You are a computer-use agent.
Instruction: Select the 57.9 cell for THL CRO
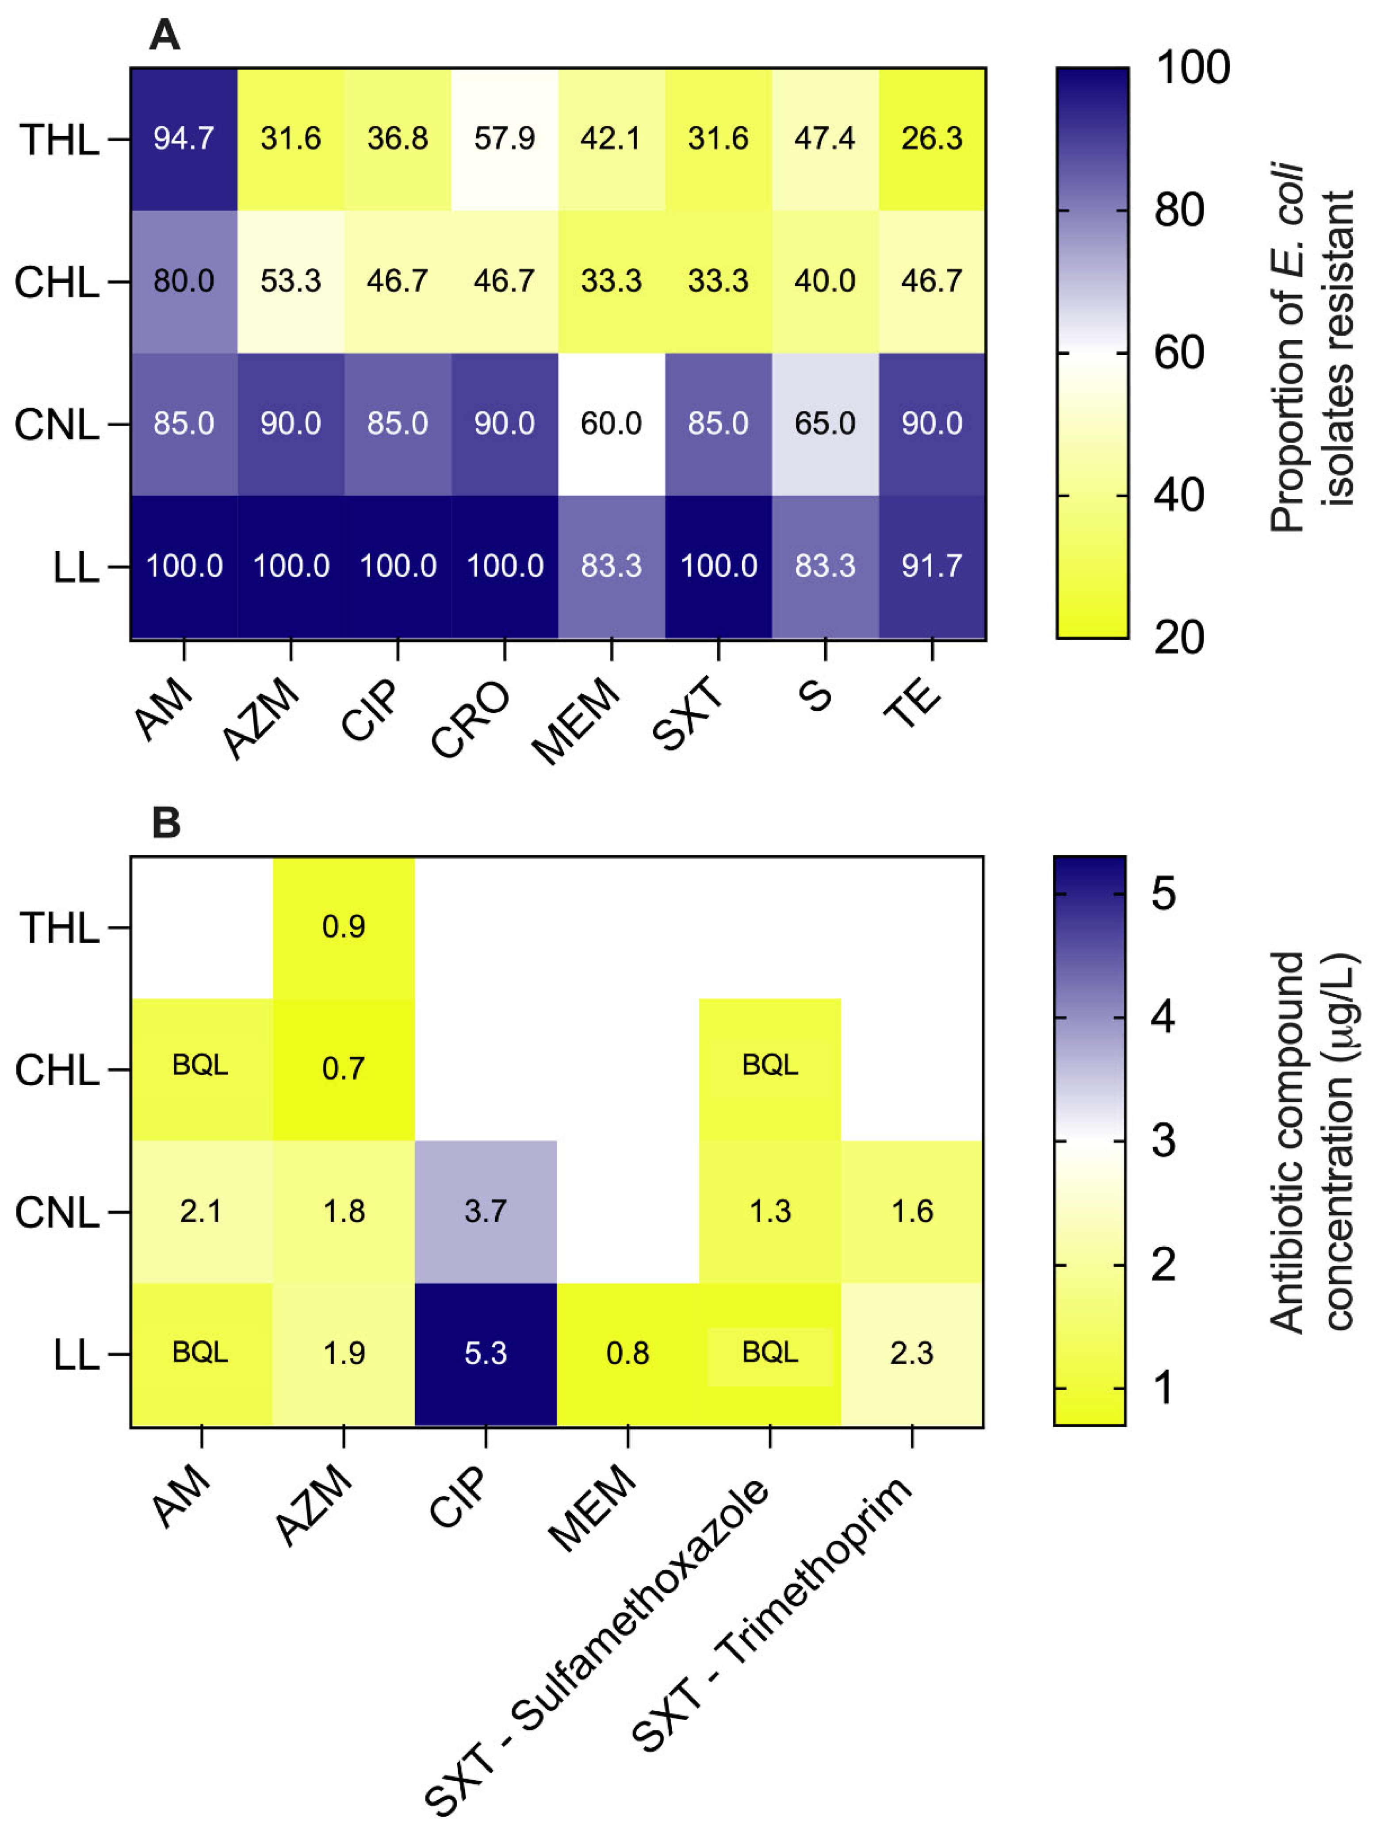(x=505, y=138)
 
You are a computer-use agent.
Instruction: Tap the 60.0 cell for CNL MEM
(x=612, y=423)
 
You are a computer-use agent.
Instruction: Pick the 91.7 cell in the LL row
(x=932, y=566)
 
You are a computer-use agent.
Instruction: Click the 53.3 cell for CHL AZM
(x=291, y=281)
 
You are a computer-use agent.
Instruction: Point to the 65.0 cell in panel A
(x=825, y=423)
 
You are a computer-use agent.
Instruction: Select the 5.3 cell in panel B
(x=486, y=1353)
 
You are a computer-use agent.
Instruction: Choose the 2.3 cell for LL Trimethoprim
(x=912, y=1353)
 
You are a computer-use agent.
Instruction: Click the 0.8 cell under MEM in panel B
(x=628, y=1353)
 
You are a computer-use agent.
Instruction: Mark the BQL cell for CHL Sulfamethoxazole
(x=770, y=1065)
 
